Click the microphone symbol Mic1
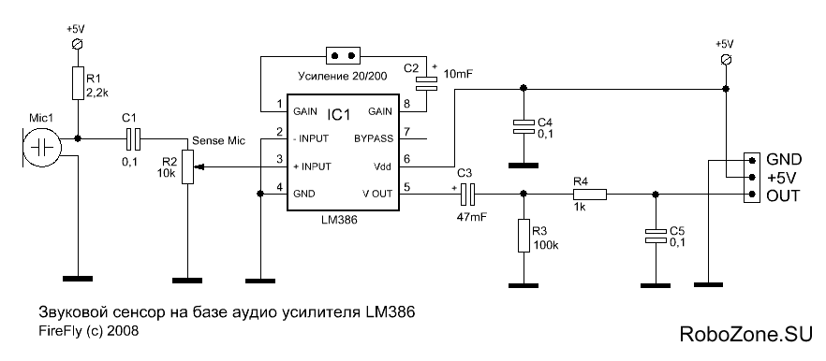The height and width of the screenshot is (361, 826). coord(41,146)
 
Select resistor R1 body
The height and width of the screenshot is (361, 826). coord(78,83)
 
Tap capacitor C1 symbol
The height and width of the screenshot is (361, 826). coord(133,139)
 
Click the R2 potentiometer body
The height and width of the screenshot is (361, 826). coord(187,166)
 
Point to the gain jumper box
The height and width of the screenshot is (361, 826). coord(343,54)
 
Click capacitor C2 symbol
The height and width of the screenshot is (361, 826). coord(426,82)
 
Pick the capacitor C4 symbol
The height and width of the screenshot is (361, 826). coord(523,125)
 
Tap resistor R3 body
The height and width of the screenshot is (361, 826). coord(523,236)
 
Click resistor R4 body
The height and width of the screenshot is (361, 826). coord(589,195)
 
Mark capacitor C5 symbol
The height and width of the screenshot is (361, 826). coord(655,237)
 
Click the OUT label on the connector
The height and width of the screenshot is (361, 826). coord(783,195)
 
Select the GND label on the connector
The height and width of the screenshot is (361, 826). coord(784,159)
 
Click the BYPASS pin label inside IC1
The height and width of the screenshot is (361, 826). coord(373,139)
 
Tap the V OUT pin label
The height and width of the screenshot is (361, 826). coord(376,194)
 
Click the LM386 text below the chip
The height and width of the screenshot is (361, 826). coord(340,221)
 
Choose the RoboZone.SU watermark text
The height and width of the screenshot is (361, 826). coord(745,334)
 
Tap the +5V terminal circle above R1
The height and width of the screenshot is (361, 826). coord(78,44)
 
